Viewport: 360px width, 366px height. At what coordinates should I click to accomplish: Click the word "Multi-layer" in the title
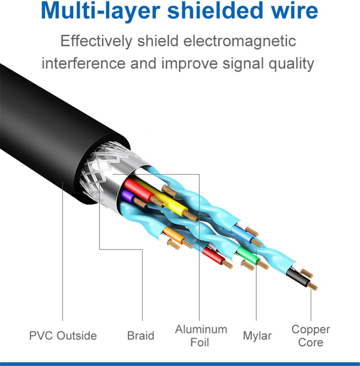coord(100,11)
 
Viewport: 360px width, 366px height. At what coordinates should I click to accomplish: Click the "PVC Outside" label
coord(63,335)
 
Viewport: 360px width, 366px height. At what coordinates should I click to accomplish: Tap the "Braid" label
coord(141,335)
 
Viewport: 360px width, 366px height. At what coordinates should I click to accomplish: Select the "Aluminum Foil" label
coord(201,336)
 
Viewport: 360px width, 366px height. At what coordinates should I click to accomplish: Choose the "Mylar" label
coord(257,336)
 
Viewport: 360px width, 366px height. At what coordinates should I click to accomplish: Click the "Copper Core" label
coord(310,336)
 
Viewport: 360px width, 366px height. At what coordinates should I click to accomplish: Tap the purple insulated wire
coord(127,196)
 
